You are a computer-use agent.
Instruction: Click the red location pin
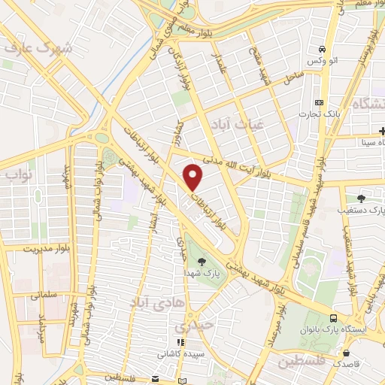pyautogui.click(x=194, y=177)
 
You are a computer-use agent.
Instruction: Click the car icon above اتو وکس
pyautogui.click(x=320, y=46)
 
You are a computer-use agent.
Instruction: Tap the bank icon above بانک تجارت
pyautogui.click(x=320, y=102)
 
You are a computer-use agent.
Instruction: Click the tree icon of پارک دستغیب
pyautogui.click(x=362, y=198)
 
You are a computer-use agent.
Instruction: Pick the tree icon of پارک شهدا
pyautogui.click(x=202, y=261)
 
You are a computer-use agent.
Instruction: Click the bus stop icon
pyautogui.click(x=333, y=317)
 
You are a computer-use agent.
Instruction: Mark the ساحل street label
pyautogui.click(x=293, y=76)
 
